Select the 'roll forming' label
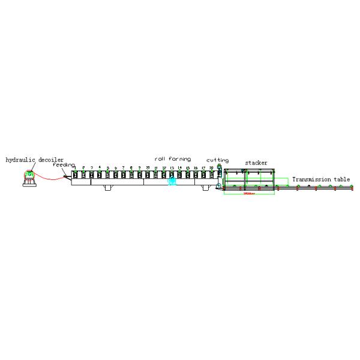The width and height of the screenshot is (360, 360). pyautogui.click(x=173, y=159)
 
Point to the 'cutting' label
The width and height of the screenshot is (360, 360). pyautogui.click(x=217, y=160)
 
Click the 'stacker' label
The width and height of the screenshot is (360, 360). pyautogui.click(x=256, y=163)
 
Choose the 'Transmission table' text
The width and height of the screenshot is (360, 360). pyautogui.click(x=321, y=179)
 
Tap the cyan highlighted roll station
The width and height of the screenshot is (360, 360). pyautogui.click(x=172, y=179)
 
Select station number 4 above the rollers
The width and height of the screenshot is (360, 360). pyautogui.click(x=100, y=167)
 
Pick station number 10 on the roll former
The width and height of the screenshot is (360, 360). pyautogui.click(x=148, y=167)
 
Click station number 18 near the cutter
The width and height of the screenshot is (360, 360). pyautogui.click(x=211, y=168)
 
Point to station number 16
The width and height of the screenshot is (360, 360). pyautogui.click(x=196, y=168)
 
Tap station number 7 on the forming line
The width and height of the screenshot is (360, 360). pyautogui.click(x=124, y=167)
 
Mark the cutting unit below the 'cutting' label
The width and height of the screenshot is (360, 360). pyautogui.click(x=219, y=177)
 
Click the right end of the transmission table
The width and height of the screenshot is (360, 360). pyautogui.click(x=352, y=188)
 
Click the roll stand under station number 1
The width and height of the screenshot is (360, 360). pyautogui.click(x=75, y=175)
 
